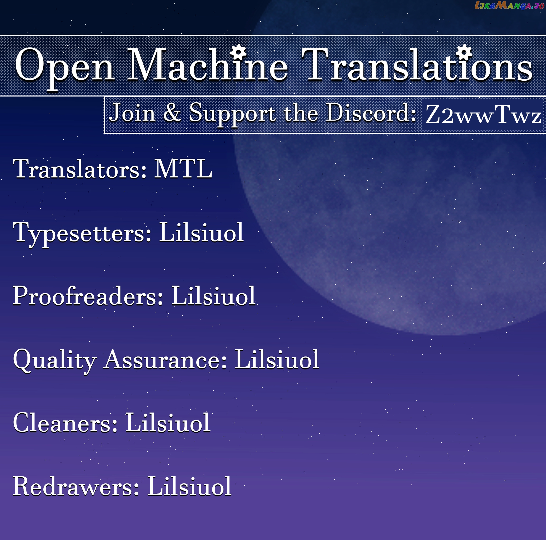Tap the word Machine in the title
208,64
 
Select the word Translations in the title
417,64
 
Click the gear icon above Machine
238,52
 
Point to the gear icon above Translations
464,52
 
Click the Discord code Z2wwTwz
483,115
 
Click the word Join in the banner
132,113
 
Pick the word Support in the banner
232,114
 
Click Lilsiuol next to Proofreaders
213,296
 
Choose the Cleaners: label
65,423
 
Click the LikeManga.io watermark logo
510,5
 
